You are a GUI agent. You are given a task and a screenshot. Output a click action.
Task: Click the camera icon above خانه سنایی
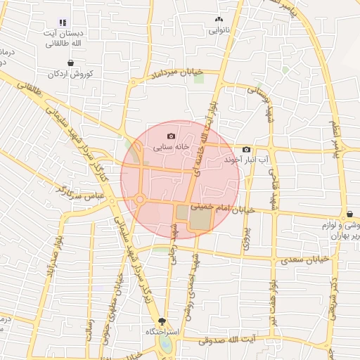pos(171,136)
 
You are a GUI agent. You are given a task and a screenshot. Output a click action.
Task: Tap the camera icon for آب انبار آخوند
pos(246,149)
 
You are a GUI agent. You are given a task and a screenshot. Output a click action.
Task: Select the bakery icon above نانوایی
pos(219,20)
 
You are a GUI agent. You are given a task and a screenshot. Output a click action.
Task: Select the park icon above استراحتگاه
pos(162,320)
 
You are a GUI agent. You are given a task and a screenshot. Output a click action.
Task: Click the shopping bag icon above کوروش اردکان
pos(70,63)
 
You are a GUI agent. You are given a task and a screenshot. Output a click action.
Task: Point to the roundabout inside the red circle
pos(140,200)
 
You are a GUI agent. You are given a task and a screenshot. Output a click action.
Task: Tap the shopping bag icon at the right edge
pos(349,214)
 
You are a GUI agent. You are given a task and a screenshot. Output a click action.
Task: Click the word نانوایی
pos(219,31)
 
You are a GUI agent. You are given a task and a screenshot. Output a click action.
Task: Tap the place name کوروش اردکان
pos(70,74)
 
